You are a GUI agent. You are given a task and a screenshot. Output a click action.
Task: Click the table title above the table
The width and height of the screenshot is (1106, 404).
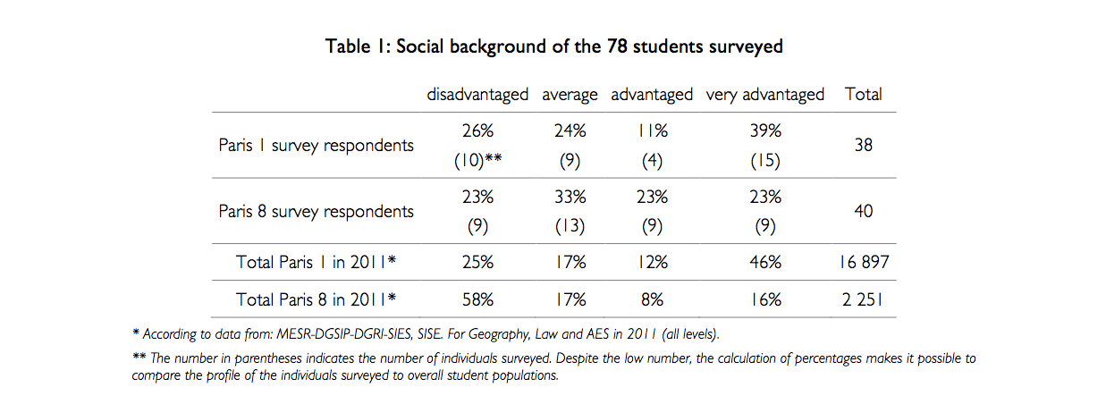pyautogui.click(x=553, y=46)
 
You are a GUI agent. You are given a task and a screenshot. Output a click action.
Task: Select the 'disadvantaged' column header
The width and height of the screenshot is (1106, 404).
pyautogui.click(x=477, y=94)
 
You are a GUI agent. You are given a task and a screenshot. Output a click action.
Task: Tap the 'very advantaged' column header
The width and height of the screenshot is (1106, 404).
pyautogui.click(x=765, y=94)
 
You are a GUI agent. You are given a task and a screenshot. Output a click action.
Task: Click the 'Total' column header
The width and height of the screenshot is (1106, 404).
pyautogui.click(x=863, y=94)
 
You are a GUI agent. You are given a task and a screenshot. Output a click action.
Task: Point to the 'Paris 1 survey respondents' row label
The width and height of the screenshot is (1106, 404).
pyautogui.click(x=317, y=146)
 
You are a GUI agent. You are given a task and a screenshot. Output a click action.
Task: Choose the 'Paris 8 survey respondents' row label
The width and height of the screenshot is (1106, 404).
pyautogui.click(x=317, y=212)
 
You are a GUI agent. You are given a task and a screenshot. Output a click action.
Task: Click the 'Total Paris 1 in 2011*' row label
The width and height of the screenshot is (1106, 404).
pyautogui.click(x=317, y=263)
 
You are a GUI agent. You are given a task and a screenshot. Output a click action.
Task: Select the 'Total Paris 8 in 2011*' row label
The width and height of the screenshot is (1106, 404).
pyautogui.click(x=317, y=299)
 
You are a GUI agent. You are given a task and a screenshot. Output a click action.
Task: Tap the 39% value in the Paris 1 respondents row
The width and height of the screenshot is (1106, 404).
pyautogui.click(x=765, y=130)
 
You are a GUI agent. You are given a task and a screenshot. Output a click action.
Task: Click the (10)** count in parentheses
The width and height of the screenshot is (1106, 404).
pyautogui.click(x=477, y=162)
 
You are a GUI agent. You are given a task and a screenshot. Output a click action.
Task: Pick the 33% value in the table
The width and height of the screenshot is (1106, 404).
pyautogui.click(x=563, y=197)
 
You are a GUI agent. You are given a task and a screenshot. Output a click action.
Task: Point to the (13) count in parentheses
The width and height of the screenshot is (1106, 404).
pyautogui.click(x=563, y=227)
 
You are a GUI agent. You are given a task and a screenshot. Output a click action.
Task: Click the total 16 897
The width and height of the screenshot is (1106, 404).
pyautogui.click(x=863, y=263)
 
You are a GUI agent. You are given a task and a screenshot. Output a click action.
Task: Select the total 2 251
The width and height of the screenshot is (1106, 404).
pyautogui.click(x=863, y=299)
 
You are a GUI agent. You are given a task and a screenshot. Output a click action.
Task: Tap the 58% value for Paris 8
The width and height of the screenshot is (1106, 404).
pyautogui.click(x=477, y=299)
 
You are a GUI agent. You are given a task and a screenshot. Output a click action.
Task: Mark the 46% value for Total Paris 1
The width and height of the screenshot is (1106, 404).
pyautogui.click(x=765, y=263)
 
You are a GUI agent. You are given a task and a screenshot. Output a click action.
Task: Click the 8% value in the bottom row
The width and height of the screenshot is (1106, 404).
pyautogui.click(x=652, y=299)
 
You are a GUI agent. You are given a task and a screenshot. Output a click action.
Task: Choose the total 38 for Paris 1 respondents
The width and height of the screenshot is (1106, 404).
pyautogui.click(x=863, y=146)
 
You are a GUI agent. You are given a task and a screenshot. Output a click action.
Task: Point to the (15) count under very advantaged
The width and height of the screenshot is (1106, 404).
pyautogui.click(x=765, y=162)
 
